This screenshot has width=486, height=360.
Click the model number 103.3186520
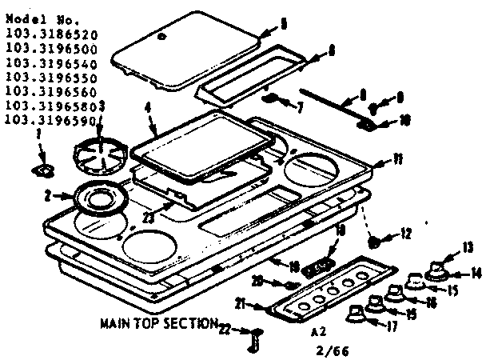[x=50, y=35]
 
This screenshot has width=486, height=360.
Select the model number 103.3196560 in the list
[x=50, y=91]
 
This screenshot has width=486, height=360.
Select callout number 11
[x=397, y=160]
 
